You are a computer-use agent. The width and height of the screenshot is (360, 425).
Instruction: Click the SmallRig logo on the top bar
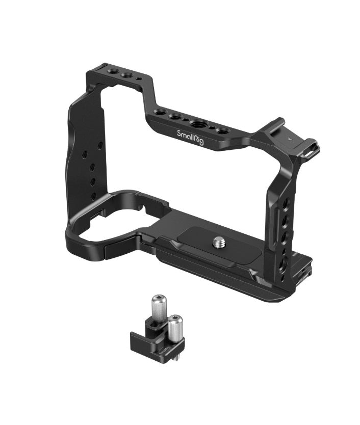pyautogui.click(x=190, y=138)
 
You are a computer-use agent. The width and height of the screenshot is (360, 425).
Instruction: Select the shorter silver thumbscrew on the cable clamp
pyautogui.click(x=176, y=327)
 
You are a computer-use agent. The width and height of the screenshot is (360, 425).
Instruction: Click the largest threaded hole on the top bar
pyautogui.click(x=197, y=123)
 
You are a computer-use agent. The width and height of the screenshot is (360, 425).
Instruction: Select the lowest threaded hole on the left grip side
pyautogui.click(x=93, y=195)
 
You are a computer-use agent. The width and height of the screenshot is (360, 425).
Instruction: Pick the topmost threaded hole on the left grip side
pyautogui.click(x=100, y=145)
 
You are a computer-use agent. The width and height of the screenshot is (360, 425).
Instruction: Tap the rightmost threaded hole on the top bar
pyautogui.click(x=222, y=131)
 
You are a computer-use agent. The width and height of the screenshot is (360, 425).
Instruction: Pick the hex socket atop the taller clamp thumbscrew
pyautogui.click(x=158, y=297)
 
